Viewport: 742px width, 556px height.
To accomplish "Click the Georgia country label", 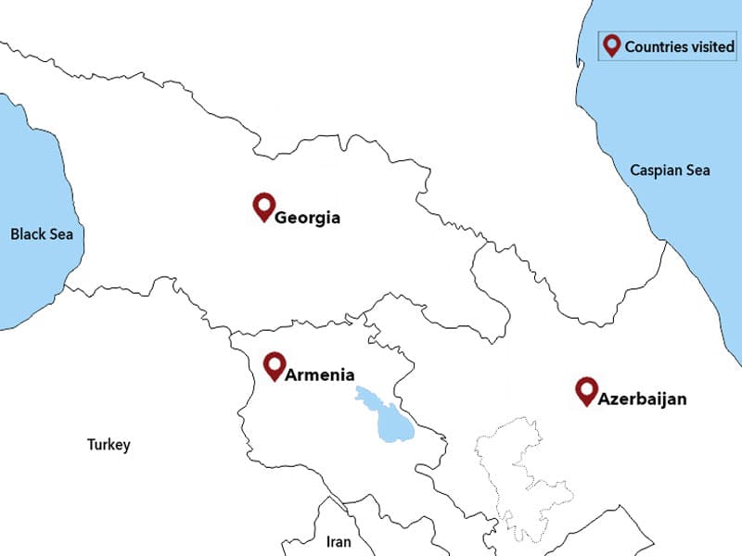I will pos(307,219).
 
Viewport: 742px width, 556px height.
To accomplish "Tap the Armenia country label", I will pos(319,375).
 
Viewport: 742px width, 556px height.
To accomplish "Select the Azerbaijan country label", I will pos(642,399).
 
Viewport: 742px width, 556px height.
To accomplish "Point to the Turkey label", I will pos(109,445).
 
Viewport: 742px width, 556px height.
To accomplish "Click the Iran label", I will pos(339,541).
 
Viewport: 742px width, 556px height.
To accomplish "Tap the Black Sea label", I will pos(41,234).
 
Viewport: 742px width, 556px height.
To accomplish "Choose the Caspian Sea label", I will pos(670,171).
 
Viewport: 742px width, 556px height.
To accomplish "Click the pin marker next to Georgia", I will pos(263,206).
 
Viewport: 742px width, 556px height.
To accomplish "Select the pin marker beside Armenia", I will pos(274,364).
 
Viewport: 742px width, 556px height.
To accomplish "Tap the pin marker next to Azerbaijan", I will pos(585,389).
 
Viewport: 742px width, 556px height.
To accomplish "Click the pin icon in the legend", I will pos(611,44).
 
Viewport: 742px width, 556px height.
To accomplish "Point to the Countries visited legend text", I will pos(680,46).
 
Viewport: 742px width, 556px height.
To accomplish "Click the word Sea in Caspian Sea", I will pos(696,171).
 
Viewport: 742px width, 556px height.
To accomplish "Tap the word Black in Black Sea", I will pos(28,234).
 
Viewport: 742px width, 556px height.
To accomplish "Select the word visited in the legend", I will pos(711,46).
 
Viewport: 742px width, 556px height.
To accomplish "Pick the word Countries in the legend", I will pos(656,46).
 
